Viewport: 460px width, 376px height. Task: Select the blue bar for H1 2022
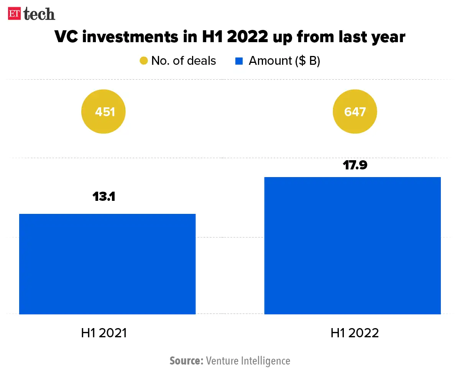[x=352, y=245]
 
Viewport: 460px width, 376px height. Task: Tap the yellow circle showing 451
[x=103, y=112]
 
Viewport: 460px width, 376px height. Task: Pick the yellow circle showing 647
[x=355, y=112]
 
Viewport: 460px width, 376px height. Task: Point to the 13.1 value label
[x=103, y=197]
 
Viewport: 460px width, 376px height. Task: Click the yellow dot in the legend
[x=144, y=61]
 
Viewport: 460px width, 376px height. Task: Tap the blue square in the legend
[x=239, y=61]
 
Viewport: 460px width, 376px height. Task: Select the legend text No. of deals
[x=184, y=61]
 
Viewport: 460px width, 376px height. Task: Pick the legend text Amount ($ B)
[x=284, y=61]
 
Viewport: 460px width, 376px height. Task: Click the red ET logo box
[x=15, y=13]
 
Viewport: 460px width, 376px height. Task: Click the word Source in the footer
[x=186, y=361]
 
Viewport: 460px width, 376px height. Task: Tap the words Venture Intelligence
[x=248, y=361]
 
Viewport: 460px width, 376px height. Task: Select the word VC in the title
[x=66, y=37]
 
